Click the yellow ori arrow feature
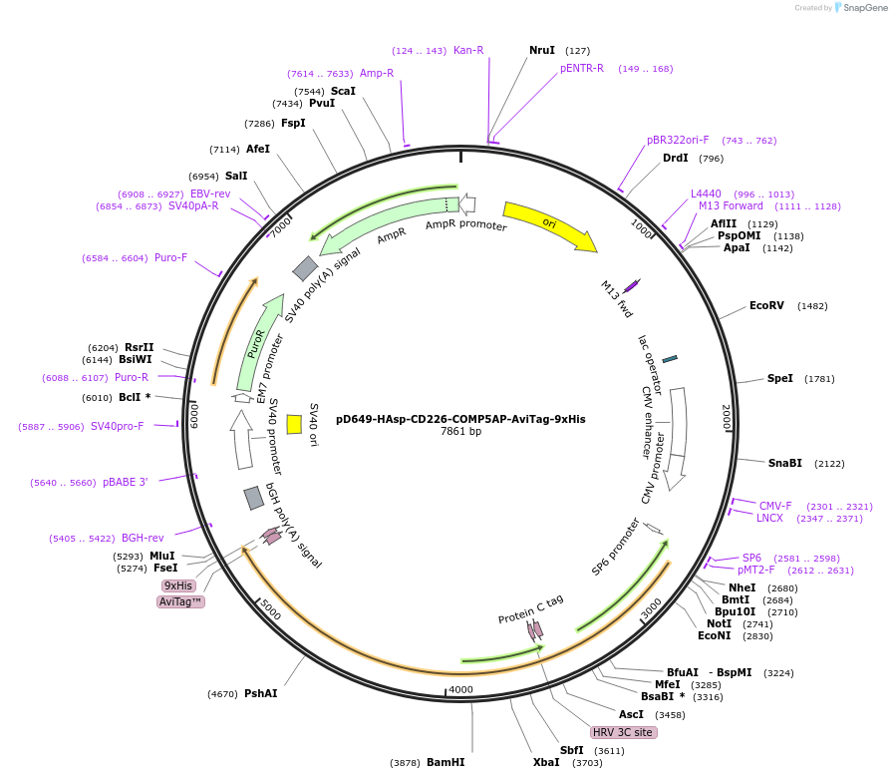pyautogui.click(x=548, y=225)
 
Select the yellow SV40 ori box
pyautogui.click(x=294, y=424)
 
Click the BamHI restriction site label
pyautogui.click(x=446, y=762)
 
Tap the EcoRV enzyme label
pyautogui.click(x=766, y=305)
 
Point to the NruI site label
pyautogui.click(x=542, y=50)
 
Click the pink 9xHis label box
pyautogui.click(x=179, y=585)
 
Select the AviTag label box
pyautogui.click(x=181, y=601)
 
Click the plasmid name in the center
pyautogui.click(x=460, y=419)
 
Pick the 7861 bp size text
pyautogui.click(x=460, y=432)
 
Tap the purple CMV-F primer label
pyautogui.click(x=775, y=506)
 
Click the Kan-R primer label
pyautogui.click(x=468, y=50)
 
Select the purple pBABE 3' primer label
pyautogui.click(x=125, y=482)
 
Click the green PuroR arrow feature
pyautogui.click(x=258, y=339)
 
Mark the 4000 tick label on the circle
pyautogui.click(x=460, y=689)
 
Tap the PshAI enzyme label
pyautogui.click(x=261, y=693)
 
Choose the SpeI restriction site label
pyautogui.click(x=780, y=378)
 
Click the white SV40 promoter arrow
pyautogui.click(x=241, y=439)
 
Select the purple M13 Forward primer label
pyautogui.click(x=731, y=205)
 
